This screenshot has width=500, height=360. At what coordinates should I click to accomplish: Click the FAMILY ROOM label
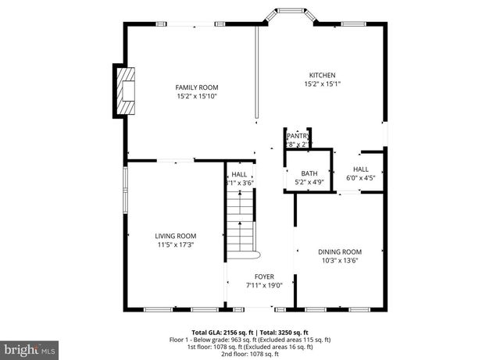click(x=196, y=87)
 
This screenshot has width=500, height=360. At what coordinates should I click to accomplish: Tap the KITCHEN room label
click(x=321, y=75)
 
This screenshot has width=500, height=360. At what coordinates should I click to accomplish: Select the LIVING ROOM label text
click(x=175, y=236)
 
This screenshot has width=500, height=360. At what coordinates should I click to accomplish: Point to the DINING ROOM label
click(x=340, y=251)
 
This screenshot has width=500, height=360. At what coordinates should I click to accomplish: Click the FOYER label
click(x=263, y=276)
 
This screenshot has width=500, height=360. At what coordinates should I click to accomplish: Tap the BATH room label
click(x=309, y=173)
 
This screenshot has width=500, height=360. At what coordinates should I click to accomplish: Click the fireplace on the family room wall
click(x=123, y=90)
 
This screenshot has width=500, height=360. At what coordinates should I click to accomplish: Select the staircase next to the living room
click(x=241, y=226)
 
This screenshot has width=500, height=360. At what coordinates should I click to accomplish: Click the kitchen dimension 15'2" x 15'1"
click(x=321, y=84)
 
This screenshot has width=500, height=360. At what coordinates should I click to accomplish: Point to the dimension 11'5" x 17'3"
click(x=175, y=244)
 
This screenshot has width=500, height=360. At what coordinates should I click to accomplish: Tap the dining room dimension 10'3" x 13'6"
click(x=340, y=261)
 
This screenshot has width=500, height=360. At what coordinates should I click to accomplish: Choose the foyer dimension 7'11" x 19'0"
click(x=263, y=285)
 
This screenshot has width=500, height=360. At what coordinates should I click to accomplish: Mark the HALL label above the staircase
click(x=239, y=174)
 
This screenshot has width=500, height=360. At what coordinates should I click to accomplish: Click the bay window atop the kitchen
click(x=287, y=14)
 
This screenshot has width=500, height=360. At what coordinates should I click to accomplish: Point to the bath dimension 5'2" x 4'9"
click(x=309, y=182)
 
